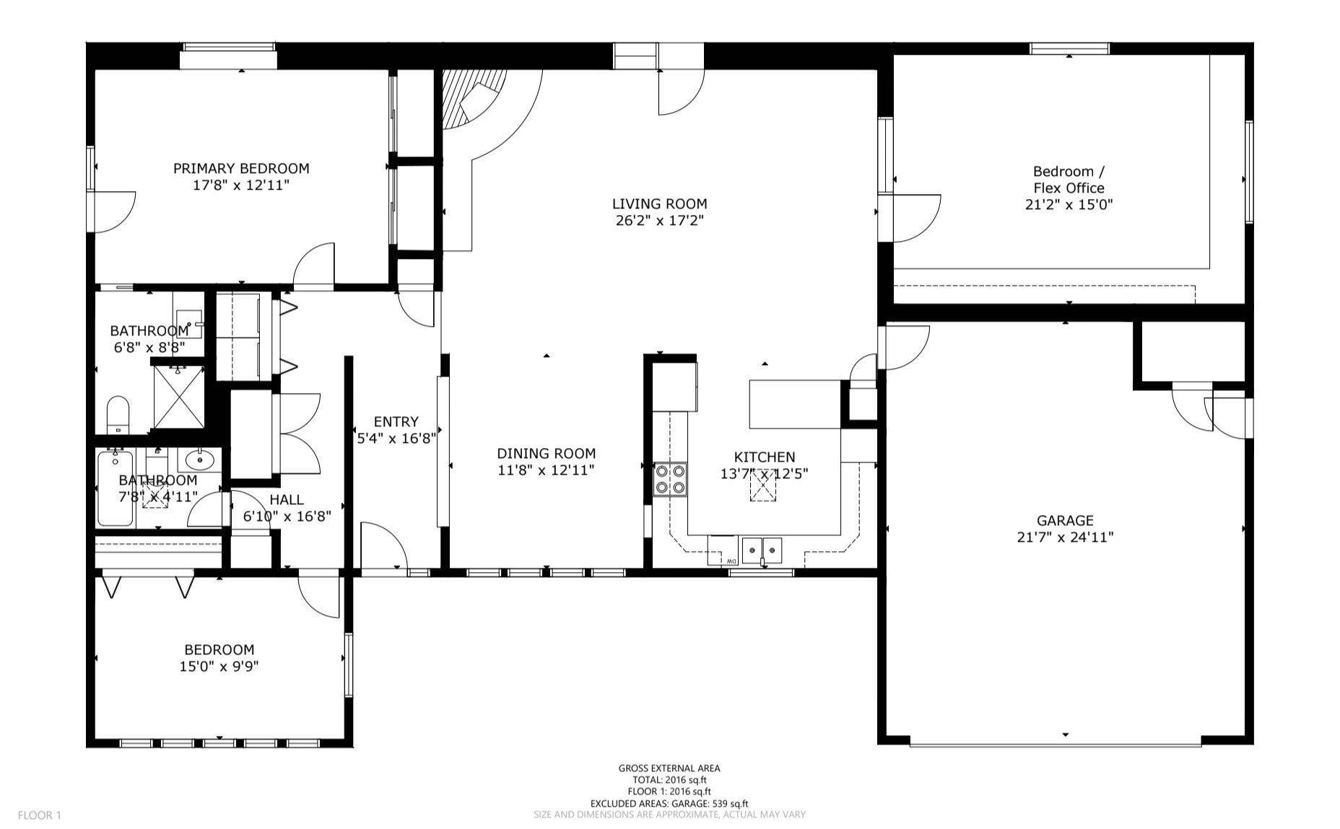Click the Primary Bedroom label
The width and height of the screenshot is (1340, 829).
click(x=241, y=168)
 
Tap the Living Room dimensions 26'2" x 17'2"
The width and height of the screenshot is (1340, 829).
click(x=660, y=220)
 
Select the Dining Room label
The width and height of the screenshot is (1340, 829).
click(x=547, y=454)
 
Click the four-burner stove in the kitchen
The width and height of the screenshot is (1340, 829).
click(x=669, y=480)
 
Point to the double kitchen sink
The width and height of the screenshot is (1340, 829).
click(x=762, y=550)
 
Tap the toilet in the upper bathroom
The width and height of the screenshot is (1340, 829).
click(x=118, y=415)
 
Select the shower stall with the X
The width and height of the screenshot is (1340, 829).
click(x=178, y=396)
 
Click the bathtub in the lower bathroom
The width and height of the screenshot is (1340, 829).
click(x=115, y=487)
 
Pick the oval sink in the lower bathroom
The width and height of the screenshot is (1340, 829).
click(x=198, y=459)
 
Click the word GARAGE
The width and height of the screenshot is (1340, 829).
click(x=1065, y=520)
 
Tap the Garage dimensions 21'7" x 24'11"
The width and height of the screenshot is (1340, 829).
click(x=1065, y=537)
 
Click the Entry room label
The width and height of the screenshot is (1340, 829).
click(x=396, y=422)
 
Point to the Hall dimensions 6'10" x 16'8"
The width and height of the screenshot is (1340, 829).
click(x=287, y=516)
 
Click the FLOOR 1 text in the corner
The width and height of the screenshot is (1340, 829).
click(x=40, y=815)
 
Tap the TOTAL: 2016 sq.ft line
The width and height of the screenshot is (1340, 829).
click(x=669, y=780)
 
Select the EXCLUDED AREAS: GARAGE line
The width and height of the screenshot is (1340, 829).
click(x=669, y=803)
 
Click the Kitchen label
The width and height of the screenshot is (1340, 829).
click(x=765, y=457)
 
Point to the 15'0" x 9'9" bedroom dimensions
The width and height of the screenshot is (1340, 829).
click(x=219, y=666)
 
